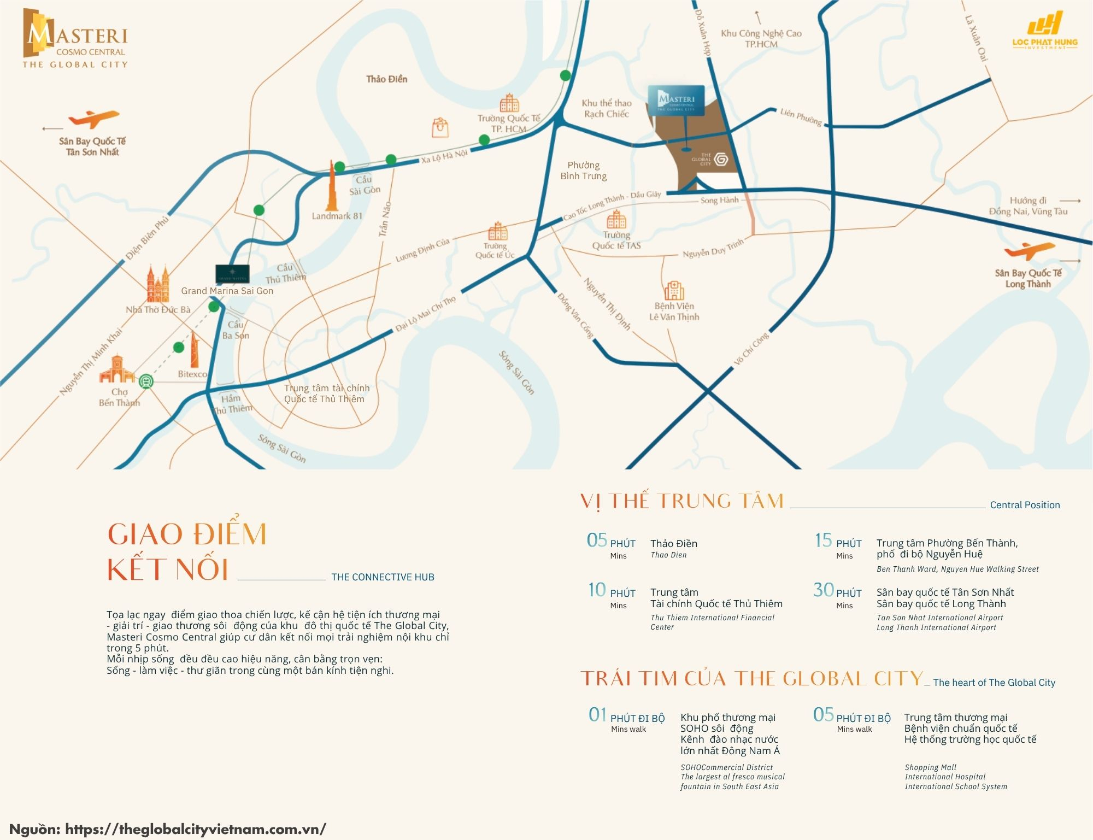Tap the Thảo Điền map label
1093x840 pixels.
[x=386, y=79]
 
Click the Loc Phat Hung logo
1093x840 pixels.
[x=1044, y=32]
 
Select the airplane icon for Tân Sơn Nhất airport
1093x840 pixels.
[x=93, y=119]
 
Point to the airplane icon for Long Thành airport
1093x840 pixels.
[x=1029, y=250]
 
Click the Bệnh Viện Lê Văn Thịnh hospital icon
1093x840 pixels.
[x=674, y=290]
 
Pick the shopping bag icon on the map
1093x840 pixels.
[x=440, y=127]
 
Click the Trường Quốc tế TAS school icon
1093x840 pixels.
[x=616, y=220]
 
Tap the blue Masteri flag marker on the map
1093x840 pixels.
[x=676, y=100]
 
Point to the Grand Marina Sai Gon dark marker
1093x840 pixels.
[x=232, y=273]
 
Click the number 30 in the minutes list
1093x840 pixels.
[x=823, y=590]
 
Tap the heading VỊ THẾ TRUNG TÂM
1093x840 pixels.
[x=682, y=501]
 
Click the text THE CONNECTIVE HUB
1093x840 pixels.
[x=383, y=577]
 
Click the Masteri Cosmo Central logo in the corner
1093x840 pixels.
[x=75, y=38]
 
